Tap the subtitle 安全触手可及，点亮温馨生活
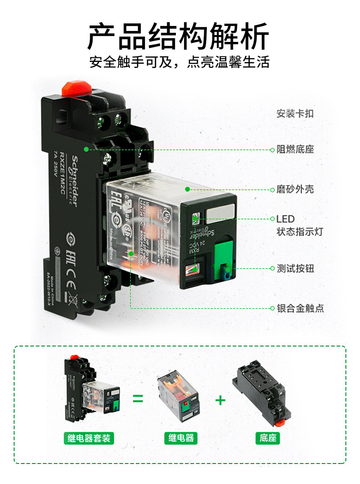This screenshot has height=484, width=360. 179,62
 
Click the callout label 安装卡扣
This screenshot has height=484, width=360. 295,114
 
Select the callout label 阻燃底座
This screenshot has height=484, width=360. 295,149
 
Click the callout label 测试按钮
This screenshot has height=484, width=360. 295,268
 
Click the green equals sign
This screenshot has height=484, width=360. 138,399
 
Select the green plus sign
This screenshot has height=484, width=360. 220,400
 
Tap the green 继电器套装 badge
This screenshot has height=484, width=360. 88,438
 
